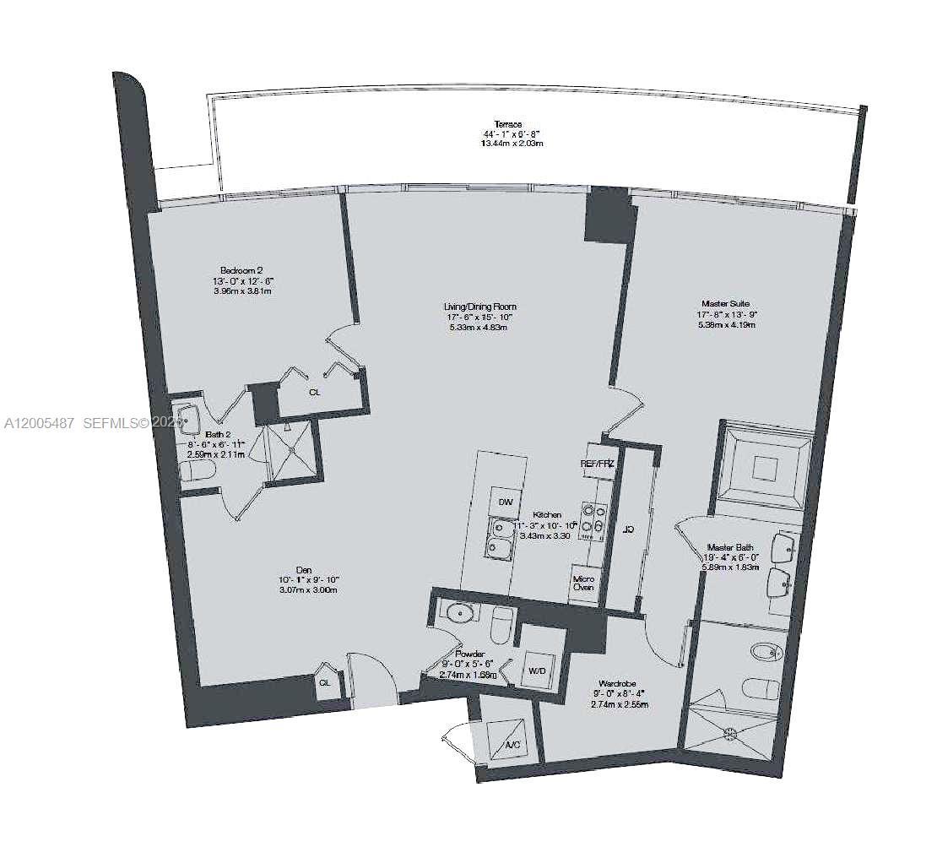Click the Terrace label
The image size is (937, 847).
point(508,124)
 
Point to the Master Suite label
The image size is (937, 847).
point(725,303)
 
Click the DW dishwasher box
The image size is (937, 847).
point(506,502)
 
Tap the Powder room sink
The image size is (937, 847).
point(462,612)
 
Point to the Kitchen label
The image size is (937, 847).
point(547,514)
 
